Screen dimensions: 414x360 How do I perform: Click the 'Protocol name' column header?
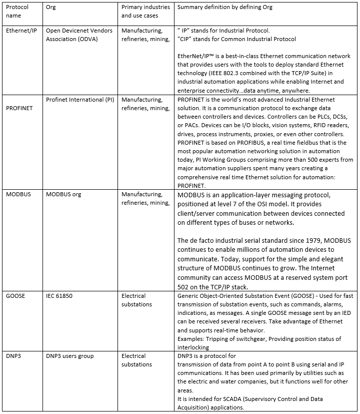[17, 12]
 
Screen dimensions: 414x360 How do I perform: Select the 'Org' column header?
[51, 8]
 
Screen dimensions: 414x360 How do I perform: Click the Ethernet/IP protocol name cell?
[21, 31]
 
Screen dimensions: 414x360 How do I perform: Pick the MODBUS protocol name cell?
[18, 194]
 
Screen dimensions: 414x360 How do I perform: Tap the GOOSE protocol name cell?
[16, 296]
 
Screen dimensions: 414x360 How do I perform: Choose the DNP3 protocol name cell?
[14, 356]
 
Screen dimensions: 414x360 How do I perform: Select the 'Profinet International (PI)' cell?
[80, 100]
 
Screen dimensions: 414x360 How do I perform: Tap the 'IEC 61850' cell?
[59, 296]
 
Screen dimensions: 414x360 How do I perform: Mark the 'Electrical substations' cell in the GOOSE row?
[136, 300]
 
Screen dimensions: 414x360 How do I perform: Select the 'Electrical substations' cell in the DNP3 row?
[136, 360]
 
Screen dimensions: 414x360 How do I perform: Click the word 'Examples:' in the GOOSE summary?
[192, 339]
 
